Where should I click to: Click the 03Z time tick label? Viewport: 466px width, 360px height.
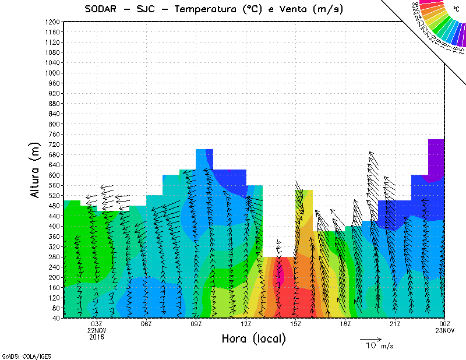click(97, 324)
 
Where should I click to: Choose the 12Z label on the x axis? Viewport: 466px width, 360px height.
click(246, 324)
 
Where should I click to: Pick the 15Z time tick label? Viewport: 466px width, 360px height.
click(295, 324)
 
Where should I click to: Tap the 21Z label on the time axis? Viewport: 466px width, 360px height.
click(395, 324)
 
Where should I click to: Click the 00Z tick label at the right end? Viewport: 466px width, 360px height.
click(444, 324)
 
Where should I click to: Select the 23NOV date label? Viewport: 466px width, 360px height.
click(444, 330)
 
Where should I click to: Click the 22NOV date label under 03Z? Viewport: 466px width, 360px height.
click(97, 330)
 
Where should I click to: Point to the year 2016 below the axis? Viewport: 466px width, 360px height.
click(97, 337)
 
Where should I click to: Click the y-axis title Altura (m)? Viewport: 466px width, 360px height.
click(36, 170)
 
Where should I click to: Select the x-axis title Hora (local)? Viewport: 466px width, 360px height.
click(253, 338)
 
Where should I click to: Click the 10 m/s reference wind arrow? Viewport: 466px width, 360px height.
click(370, 338)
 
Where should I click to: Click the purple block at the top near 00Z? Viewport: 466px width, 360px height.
click(436, 157)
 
